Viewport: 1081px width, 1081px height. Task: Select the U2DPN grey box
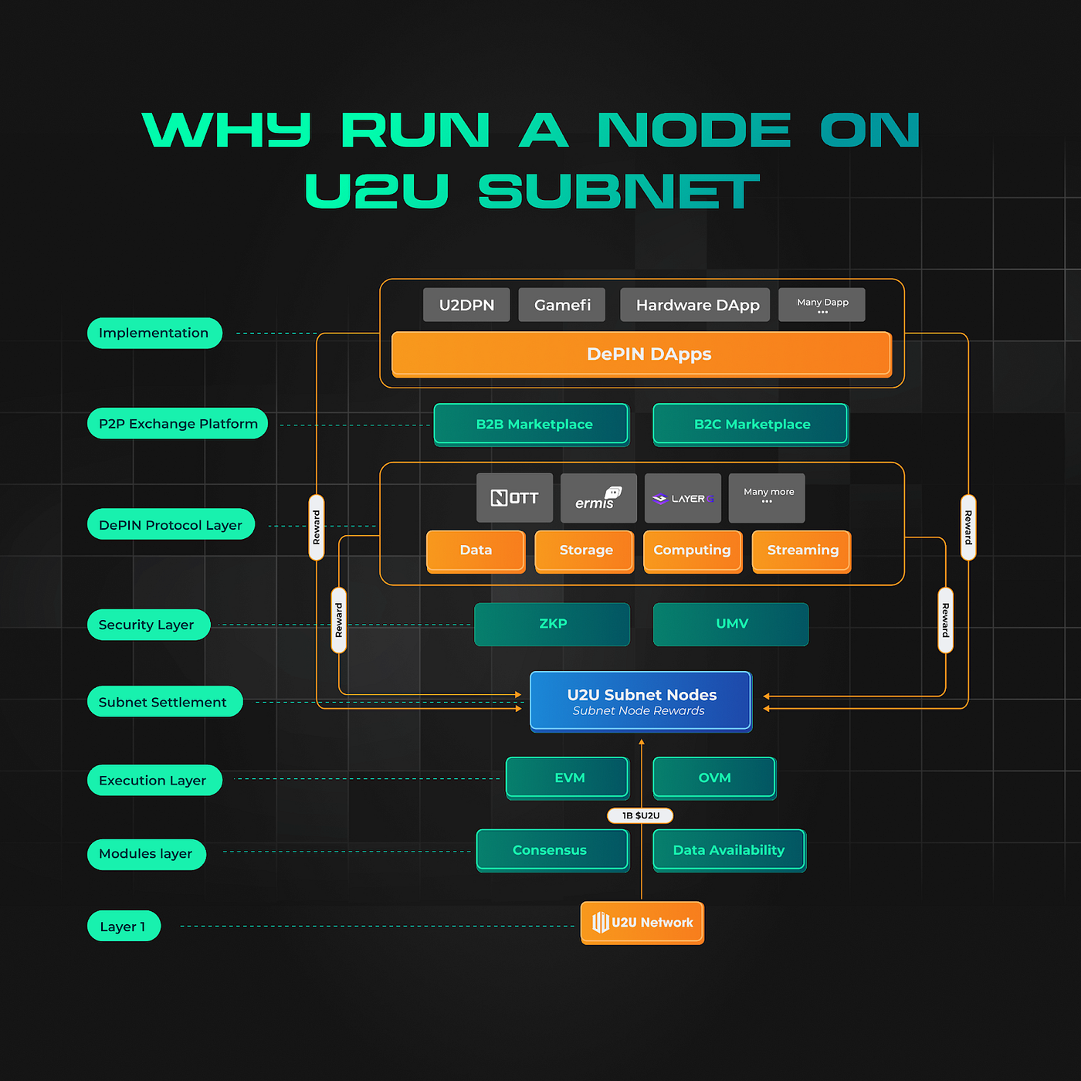(x=466, y=305)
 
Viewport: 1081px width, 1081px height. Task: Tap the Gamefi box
(x=562, y=305)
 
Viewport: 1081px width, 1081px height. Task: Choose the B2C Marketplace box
(x=751, y=424)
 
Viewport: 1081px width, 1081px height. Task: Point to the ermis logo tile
(x=598, y=498)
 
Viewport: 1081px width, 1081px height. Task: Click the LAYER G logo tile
(x=683, y=498)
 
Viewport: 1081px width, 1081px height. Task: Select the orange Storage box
(x=585, y=551)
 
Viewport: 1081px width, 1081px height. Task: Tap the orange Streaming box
(x=801, y=551)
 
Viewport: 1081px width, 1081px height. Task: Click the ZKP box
(x=552, y=624)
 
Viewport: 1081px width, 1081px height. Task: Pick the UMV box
(x=730, y=624)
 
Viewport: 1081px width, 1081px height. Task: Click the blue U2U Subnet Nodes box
(x=641, y=700)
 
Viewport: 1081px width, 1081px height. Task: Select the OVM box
(x=714, y=778)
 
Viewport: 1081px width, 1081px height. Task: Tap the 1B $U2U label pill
(x=640, y=815)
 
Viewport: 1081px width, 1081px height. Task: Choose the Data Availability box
(x=728, y=850)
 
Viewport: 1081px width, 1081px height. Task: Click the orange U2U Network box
(x=642, y=922)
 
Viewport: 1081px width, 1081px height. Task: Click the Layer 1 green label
(x=124, y=926)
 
